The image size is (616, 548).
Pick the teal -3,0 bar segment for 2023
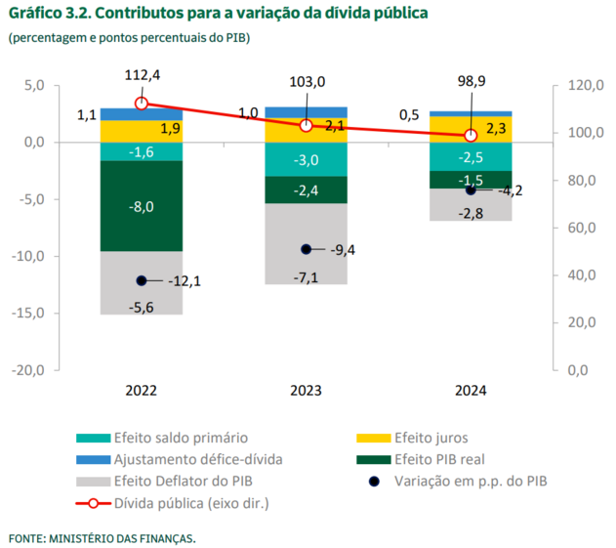point(306,160)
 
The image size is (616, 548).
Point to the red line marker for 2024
point(471,136)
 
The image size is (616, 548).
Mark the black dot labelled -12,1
point(142,281)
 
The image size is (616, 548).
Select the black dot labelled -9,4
point(306,249)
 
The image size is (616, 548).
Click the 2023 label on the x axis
point(307,390)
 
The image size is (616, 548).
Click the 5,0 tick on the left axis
point(34,85)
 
